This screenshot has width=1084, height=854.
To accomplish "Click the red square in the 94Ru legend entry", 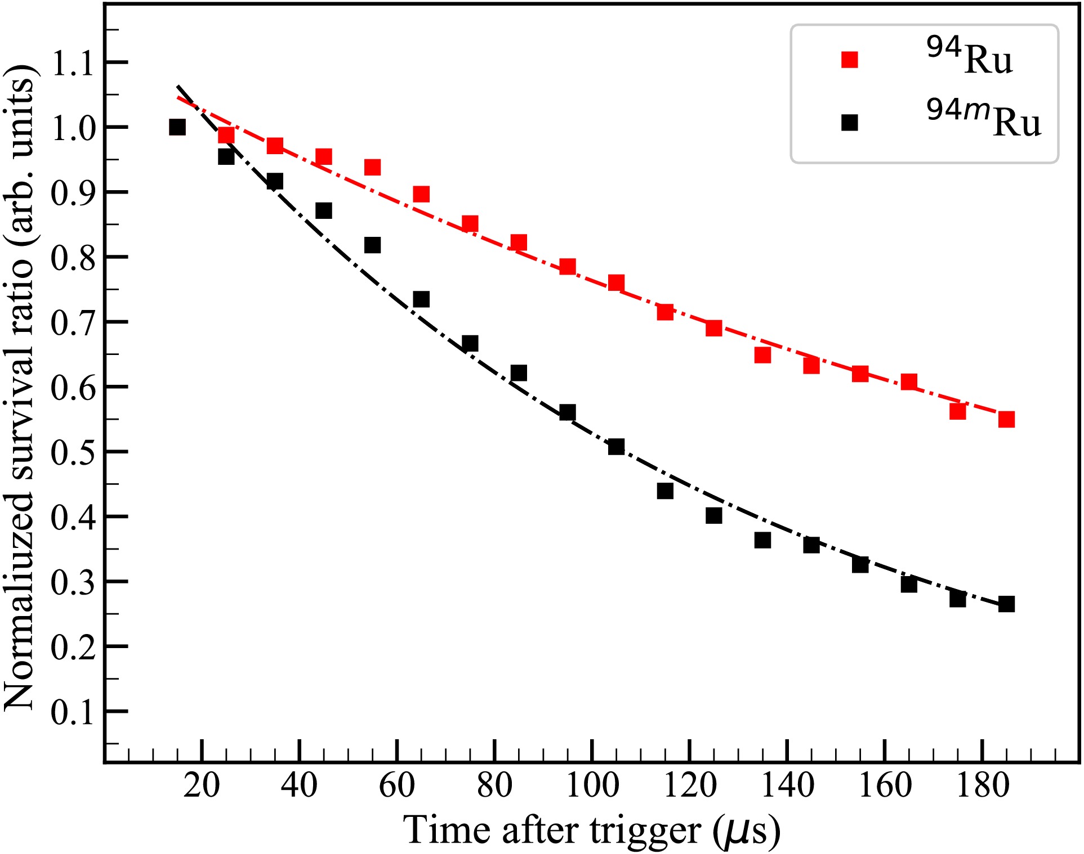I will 849,60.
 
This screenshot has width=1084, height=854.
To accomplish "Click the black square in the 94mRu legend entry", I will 849,122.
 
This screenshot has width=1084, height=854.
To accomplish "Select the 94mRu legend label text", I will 983,119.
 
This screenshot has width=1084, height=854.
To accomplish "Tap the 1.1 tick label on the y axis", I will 73,63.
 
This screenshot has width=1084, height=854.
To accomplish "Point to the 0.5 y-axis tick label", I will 73,452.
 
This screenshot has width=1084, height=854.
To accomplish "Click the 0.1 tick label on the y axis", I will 73,712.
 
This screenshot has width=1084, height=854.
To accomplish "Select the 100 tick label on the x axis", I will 592,785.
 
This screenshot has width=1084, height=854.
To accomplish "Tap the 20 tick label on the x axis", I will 202,785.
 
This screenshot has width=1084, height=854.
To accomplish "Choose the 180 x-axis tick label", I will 983,785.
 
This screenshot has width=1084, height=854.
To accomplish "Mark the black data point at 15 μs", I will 177,127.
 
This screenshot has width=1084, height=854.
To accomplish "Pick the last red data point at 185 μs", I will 1006,419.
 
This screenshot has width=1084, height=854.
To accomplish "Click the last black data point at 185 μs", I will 1006,604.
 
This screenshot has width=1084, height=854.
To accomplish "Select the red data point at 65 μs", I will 421,194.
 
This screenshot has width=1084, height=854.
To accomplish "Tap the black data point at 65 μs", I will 421,299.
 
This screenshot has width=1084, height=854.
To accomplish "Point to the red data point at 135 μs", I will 762,355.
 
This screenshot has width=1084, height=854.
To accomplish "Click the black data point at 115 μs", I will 665,491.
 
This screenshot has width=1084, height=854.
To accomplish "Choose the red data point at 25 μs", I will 226,135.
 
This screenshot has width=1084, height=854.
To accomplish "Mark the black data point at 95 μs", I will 568,412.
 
